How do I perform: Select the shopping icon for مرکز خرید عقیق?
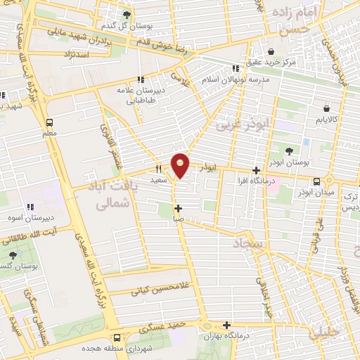coord(271,51)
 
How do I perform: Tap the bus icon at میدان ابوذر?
coord(318,181)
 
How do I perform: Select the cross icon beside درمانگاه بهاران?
coord(226,325)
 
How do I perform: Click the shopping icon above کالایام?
coord(326,108)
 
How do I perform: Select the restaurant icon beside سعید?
coord(157,168)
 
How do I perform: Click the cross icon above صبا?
coord(179,208)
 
